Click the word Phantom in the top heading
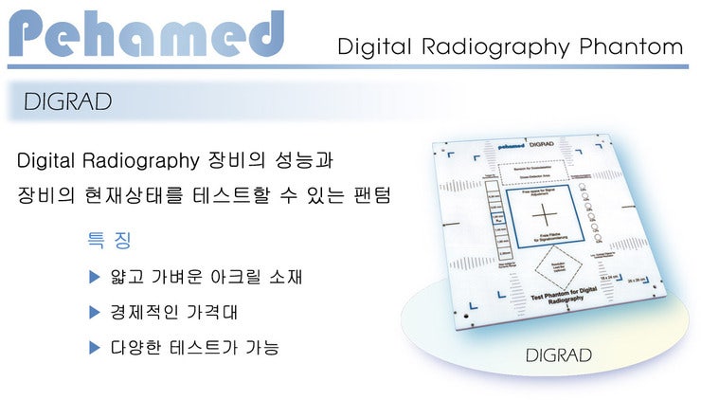click(637, 46)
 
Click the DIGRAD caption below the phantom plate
click(559, 355)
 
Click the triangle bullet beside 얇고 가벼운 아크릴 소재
click(94, 277)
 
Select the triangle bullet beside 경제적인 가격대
click(94, 312)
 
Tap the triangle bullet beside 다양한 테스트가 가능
click(94, 348)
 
